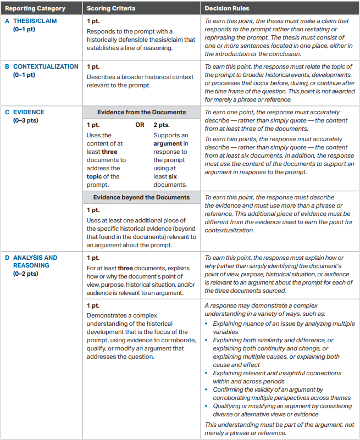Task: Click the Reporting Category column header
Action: pos(35,9)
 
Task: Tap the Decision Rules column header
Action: pos(226,9)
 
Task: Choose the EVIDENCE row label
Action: pos(29,112)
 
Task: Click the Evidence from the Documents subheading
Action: pos(141,112)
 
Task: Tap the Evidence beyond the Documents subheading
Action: pos(141,197)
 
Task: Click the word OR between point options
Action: pos(140,125)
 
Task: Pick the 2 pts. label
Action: pos(162,125)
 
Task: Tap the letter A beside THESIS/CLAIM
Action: pos(7,21)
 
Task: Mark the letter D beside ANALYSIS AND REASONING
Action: pos(7,258)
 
